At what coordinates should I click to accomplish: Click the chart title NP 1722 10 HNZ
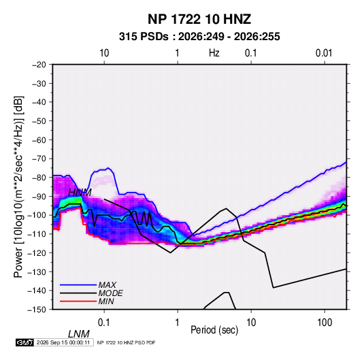(x=199, y=19)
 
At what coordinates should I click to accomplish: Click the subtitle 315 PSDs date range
(x=199, y=37)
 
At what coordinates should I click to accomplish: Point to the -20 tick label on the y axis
(x=39, y=65)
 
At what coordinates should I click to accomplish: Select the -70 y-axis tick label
(x=39, y=159)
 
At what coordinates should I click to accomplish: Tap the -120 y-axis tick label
(x=37, y=253)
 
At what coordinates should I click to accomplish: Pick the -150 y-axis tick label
(x=37, y=310)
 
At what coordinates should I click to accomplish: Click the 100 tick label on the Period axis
(x=325, y=323)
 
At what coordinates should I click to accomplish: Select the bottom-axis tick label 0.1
(x=104, y=323)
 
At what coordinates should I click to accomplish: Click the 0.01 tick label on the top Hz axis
(x=324, y=53)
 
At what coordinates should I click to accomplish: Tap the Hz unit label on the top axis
(x=214, y=53)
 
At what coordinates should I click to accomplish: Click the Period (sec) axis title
(x=214, y=330)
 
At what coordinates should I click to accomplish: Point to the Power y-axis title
(x=18, y=186)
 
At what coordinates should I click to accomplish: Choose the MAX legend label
(x=107, y=285)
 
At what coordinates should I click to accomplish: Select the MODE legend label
(x=110, y=293)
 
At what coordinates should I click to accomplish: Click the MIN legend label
(x=106, y=301)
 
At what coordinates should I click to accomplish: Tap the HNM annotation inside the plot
(x=80, y=193)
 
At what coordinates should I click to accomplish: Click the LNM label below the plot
(x=78, y=334)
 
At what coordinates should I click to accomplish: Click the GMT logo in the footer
(x=25, y=342)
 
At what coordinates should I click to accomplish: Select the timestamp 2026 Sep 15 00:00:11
(x=63, y=342)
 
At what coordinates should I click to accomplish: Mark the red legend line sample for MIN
(x=78, y=301)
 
